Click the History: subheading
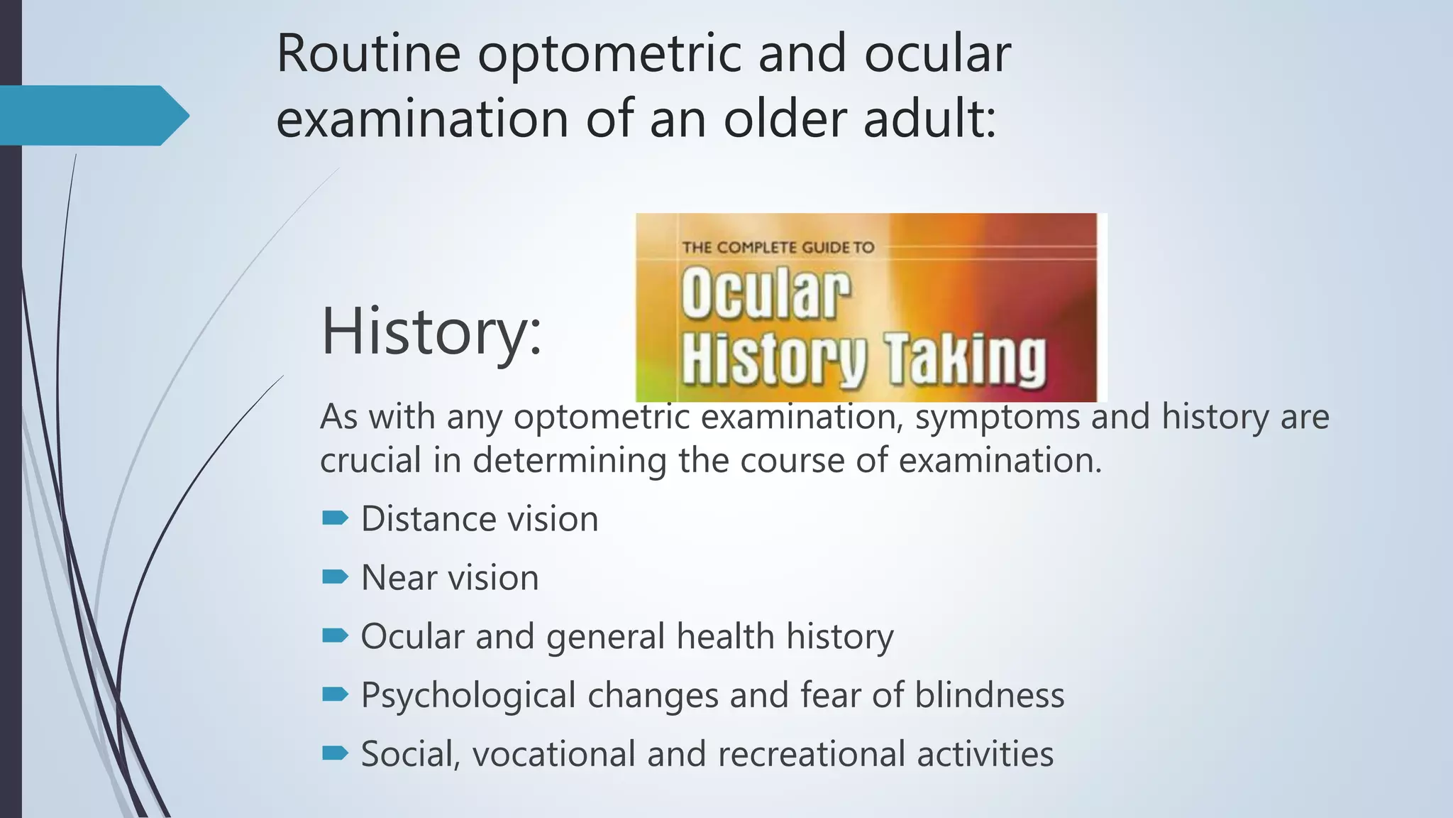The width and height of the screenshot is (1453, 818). pos(431,331)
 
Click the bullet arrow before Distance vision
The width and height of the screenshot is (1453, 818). pos(335,518)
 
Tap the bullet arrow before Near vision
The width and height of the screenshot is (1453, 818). pos(335,577)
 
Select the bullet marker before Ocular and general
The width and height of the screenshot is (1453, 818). pos(335,636)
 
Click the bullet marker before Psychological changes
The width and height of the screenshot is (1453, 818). pos(335,694)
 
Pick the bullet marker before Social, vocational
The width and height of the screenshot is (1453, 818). pos(335,753)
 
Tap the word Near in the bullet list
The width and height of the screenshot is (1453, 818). pos(399,577)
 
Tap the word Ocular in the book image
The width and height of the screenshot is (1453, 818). pos(766,293)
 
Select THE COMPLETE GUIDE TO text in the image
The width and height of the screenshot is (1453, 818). pos(778,248)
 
